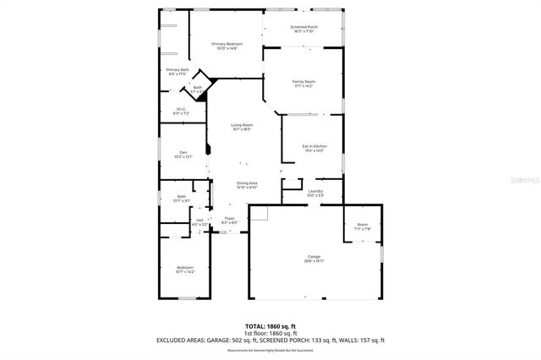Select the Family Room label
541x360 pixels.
303,83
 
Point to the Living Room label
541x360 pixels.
243,127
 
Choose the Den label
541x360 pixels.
183,154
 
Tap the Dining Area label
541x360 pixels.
247,184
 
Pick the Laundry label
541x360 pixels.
315,193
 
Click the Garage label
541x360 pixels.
314,259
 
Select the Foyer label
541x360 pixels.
229,220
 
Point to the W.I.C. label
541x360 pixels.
182,111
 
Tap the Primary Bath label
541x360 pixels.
178,71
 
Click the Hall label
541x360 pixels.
200,221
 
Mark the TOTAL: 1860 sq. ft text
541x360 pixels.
270,326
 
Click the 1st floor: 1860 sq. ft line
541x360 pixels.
270,333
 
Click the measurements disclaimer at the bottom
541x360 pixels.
270,349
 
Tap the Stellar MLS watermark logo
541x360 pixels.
522,180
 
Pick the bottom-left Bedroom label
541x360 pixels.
185,270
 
